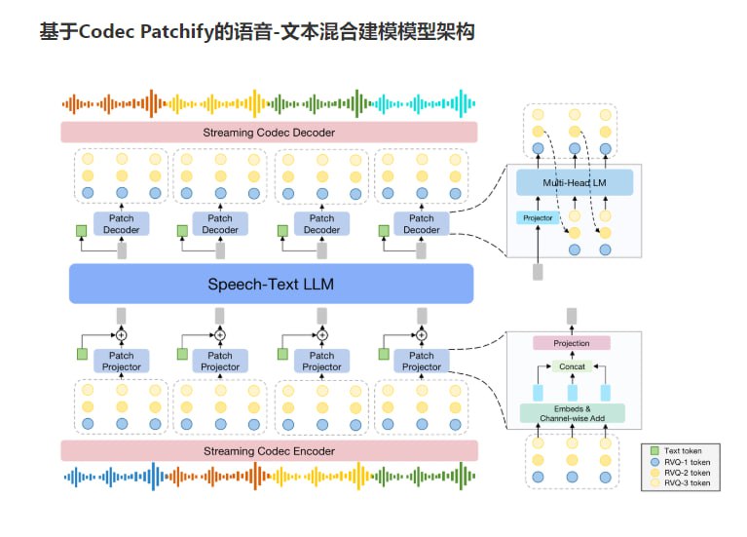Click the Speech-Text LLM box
(x=270, y=285)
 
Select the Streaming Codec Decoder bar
(x=269, y=133)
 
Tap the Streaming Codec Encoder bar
(x=269, y=451)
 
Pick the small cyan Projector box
(x=538, y=218)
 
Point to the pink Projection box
(x=571, y=343)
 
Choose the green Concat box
(x=571, y=366)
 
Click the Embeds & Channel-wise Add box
(x=571, y=412)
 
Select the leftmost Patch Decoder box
(x=122, y=224)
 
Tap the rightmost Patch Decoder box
(x=421, y=224)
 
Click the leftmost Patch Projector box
(x=122, y=361)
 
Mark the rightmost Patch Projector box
(x=421, y=361)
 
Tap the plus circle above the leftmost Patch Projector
(x=122, y=335)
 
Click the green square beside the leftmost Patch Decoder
(x=81, y=231)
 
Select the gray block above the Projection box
(x=571, y=316)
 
